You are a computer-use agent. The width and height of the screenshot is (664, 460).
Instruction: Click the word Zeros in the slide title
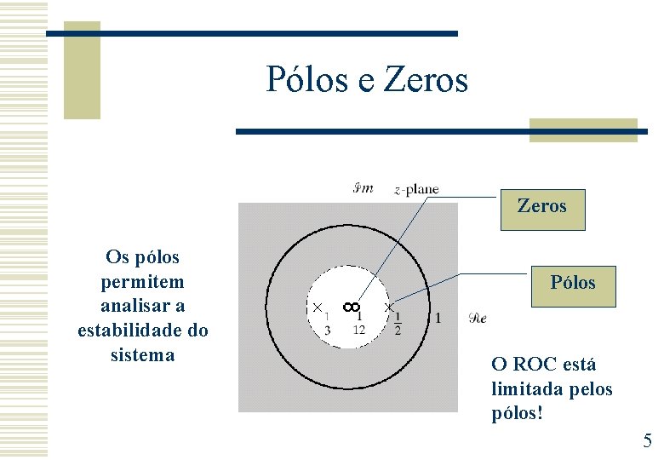[x=426, y=80]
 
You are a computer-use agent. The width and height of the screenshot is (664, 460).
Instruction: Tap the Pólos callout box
[x=572, y=283]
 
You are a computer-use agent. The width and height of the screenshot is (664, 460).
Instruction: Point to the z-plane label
[x=416, y=189]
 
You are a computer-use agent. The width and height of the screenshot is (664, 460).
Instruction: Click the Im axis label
[x=363, y=187]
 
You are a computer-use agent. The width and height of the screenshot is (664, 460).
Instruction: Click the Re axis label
[x=478, y=319]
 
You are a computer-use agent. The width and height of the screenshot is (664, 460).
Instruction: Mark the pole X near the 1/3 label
[x=315, y=307]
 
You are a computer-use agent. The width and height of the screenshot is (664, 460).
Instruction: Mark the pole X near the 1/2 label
[x=388, y=307]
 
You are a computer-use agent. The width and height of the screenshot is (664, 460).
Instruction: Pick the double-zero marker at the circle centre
[x=352, y=306]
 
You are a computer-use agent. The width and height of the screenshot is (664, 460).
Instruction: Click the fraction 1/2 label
[x=398, y=323]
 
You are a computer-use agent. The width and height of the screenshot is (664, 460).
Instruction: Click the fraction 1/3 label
[x=327, y=323]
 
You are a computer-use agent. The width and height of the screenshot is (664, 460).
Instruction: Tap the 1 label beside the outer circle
[x=438, y=318]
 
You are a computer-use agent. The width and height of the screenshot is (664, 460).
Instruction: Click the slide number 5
[x=647, y=441]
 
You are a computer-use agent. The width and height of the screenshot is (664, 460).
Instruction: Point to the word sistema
[x=142, y=354]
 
